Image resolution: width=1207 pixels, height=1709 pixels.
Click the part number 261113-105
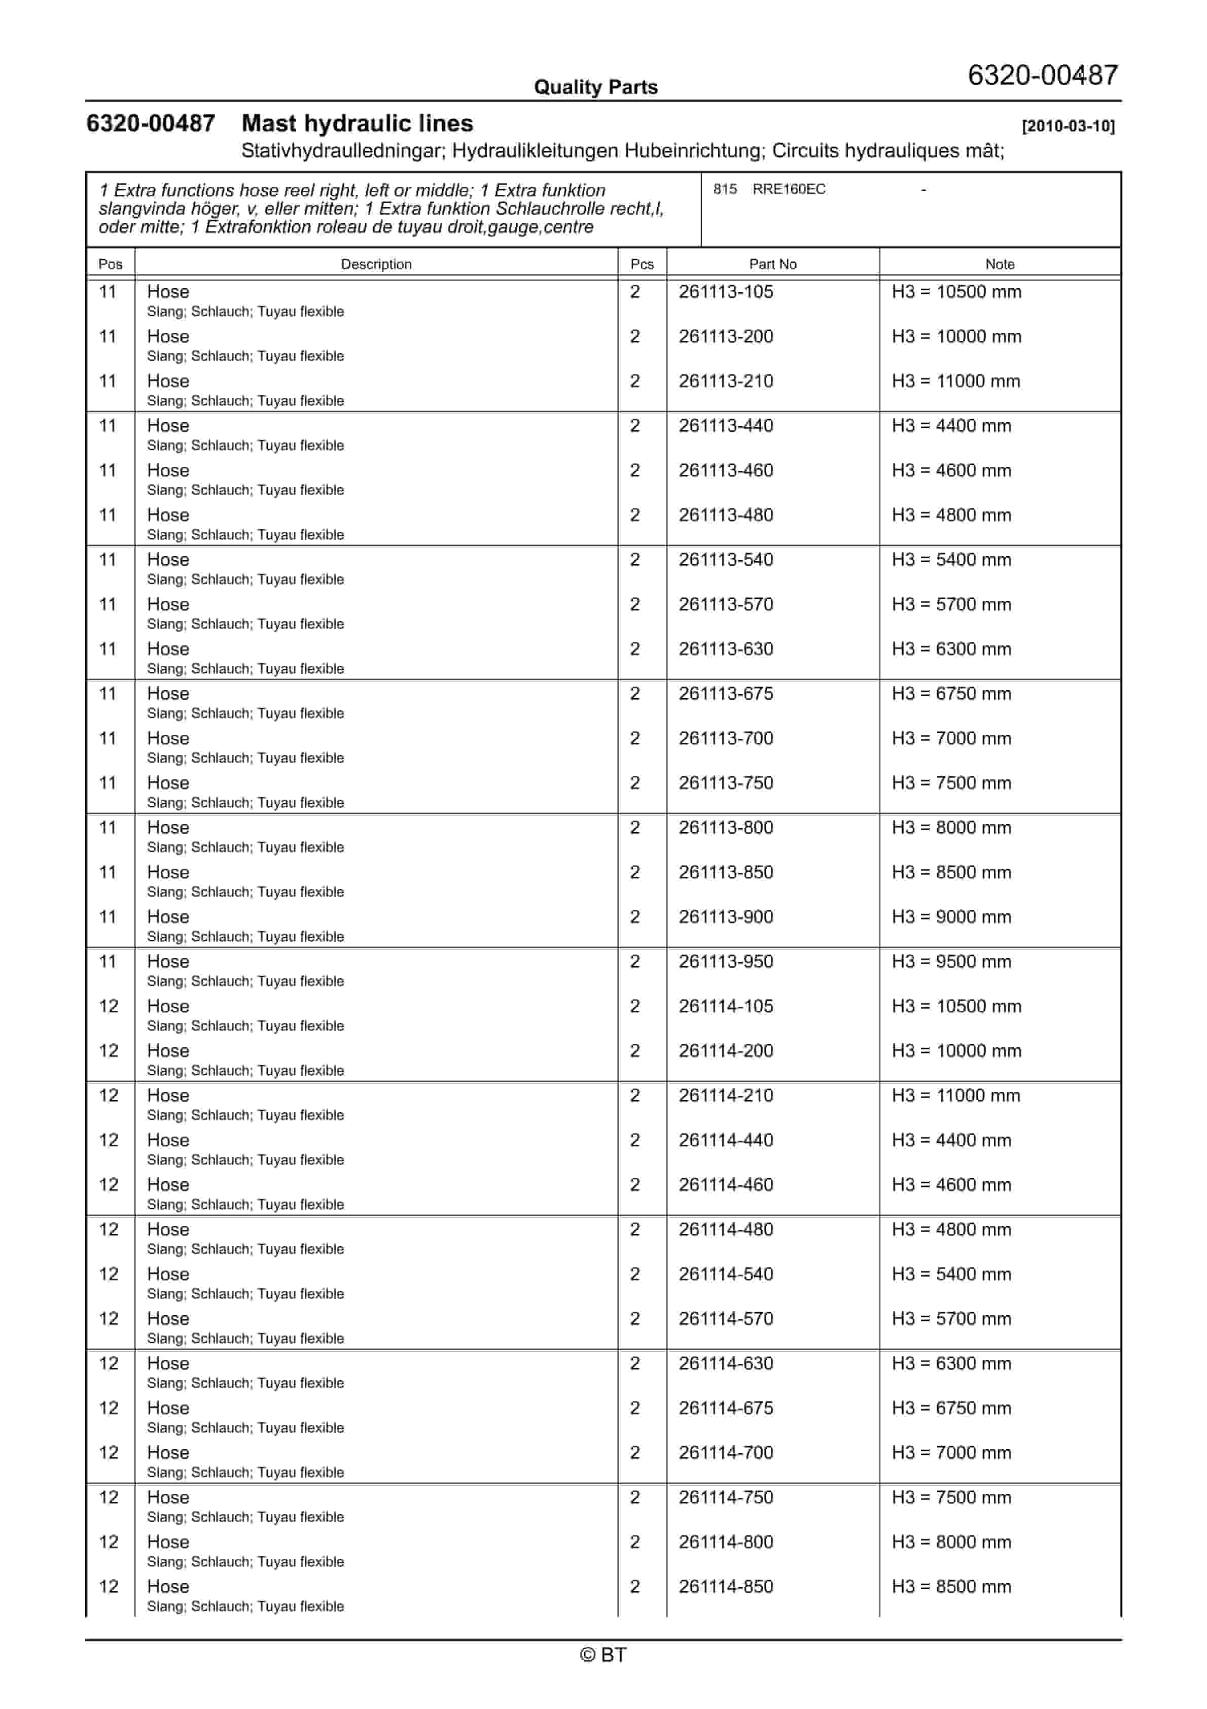726,292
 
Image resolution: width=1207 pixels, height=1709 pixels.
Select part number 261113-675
726,694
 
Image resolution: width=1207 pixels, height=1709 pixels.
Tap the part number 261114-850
726,1586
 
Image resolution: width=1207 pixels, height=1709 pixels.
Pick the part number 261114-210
726,1096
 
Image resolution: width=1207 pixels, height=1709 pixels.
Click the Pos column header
110,264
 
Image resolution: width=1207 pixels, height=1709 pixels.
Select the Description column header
376,264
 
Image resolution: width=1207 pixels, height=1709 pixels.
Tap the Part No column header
772,264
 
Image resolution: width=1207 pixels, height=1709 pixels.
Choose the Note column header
1000,264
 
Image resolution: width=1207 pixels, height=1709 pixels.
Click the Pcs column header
642,264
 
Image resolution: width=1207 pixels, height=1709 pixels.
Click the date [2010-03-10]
1068,126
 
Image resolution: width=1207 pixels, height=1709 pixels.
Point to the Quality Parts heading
595,87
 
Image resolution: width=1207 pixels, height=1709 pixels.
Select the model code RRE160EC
789,189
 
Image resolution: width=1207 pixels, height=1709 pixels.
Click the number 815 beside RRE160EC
725,189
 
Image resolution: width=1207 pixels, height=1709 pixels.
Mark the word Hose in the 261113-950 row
168,962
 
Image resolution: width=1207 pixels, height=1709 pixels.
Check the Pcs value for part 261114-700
635,1453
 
